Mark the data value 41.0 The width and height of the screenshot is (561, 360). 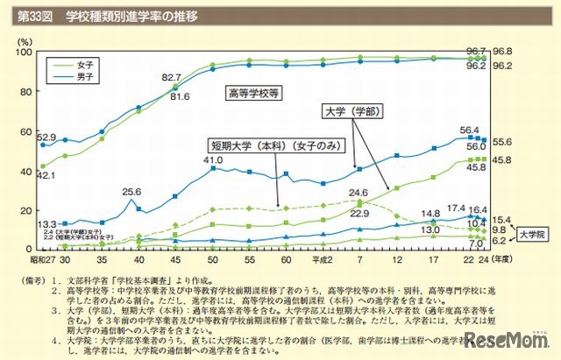click(x=213, y=160)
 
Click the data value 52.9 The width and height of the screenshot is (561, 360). click(x=46, y=137)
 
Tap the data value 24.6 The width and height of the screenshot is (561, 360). click(x=358, y=193)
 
